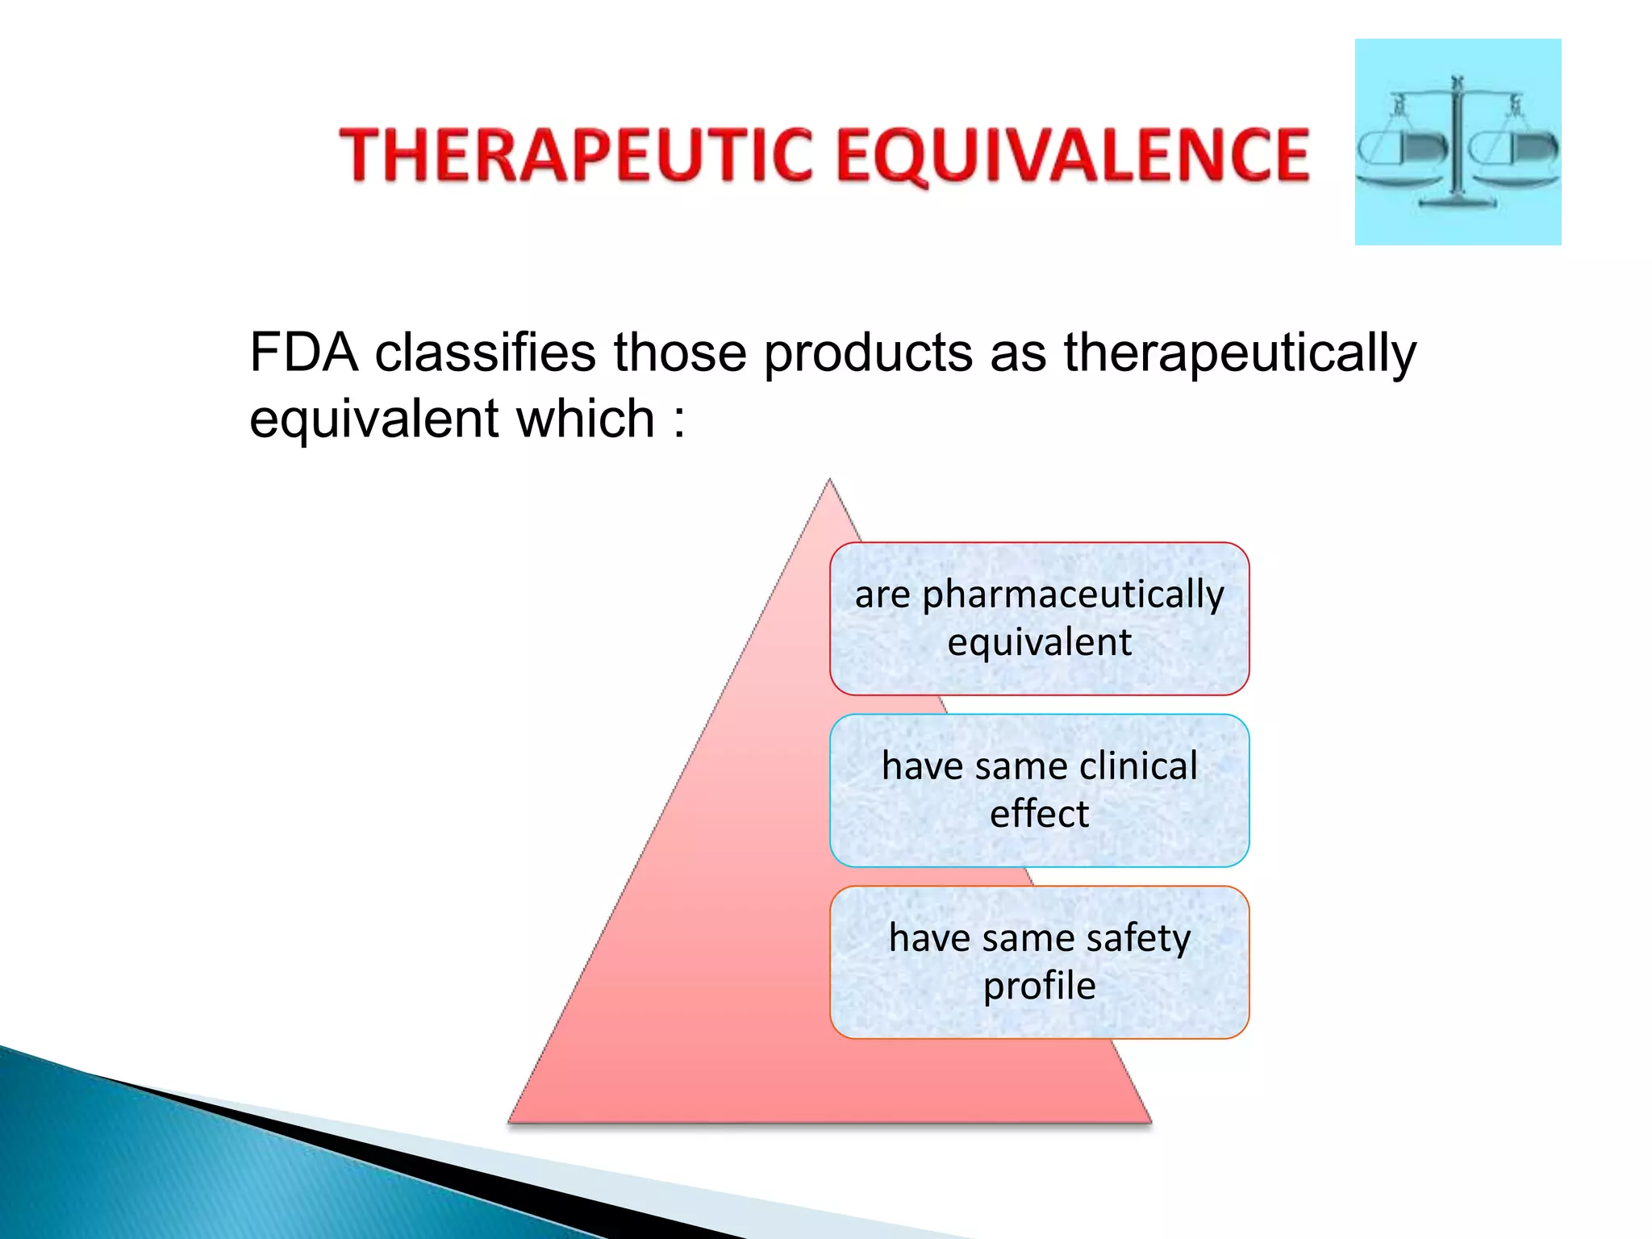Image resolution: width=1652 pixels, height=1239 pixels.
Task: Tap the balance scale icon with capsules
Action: tap(1458, 142)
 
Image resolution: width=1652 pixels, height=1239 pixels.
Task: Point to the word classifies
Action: tap(485, 353)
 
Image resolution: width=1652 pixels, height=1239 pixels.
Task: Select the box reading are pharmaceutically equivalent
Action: tap(1039, 619)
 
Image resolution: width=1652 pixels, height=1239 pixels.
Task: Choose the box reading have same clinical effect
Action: tap(1039, 791)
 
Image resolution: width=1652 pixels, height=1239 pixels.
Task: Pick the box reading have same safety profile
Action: tap(1039, 962)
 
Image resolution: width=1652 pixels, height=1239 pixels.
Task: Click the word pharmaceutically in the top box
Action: tap(1073, 596)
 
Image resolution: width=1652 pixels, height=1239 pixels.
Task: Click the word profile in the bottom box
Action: tap(1039, 987)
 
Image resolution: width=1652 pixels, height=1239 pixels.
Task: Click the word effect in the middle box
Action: tap(1039, 814)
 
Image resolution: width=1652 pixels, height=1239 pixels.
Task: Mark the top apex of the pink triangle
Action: tap(829, 482)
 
